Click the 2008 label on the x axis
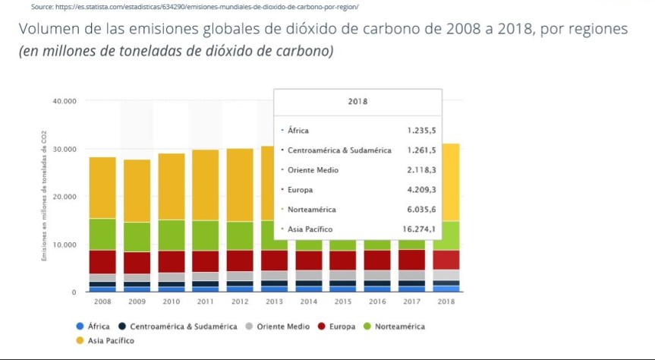click(103, 302)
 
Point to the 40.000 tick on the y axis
click(64, 101)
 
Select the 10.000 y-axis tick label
click(64, 245)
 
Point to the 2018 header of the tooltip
click(357, 101)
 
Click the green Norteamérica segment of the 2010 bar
click(172, 235)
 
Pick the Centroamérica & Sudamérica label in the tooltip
click(339, 150)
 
